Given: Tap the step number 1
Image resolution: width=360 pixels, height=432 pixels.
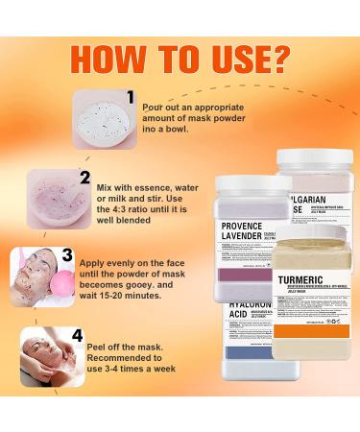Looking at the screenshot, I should pos(132,96).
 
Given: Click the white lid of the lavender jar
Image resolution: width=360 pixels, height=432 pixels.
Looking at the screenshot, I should pos(231,185).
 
